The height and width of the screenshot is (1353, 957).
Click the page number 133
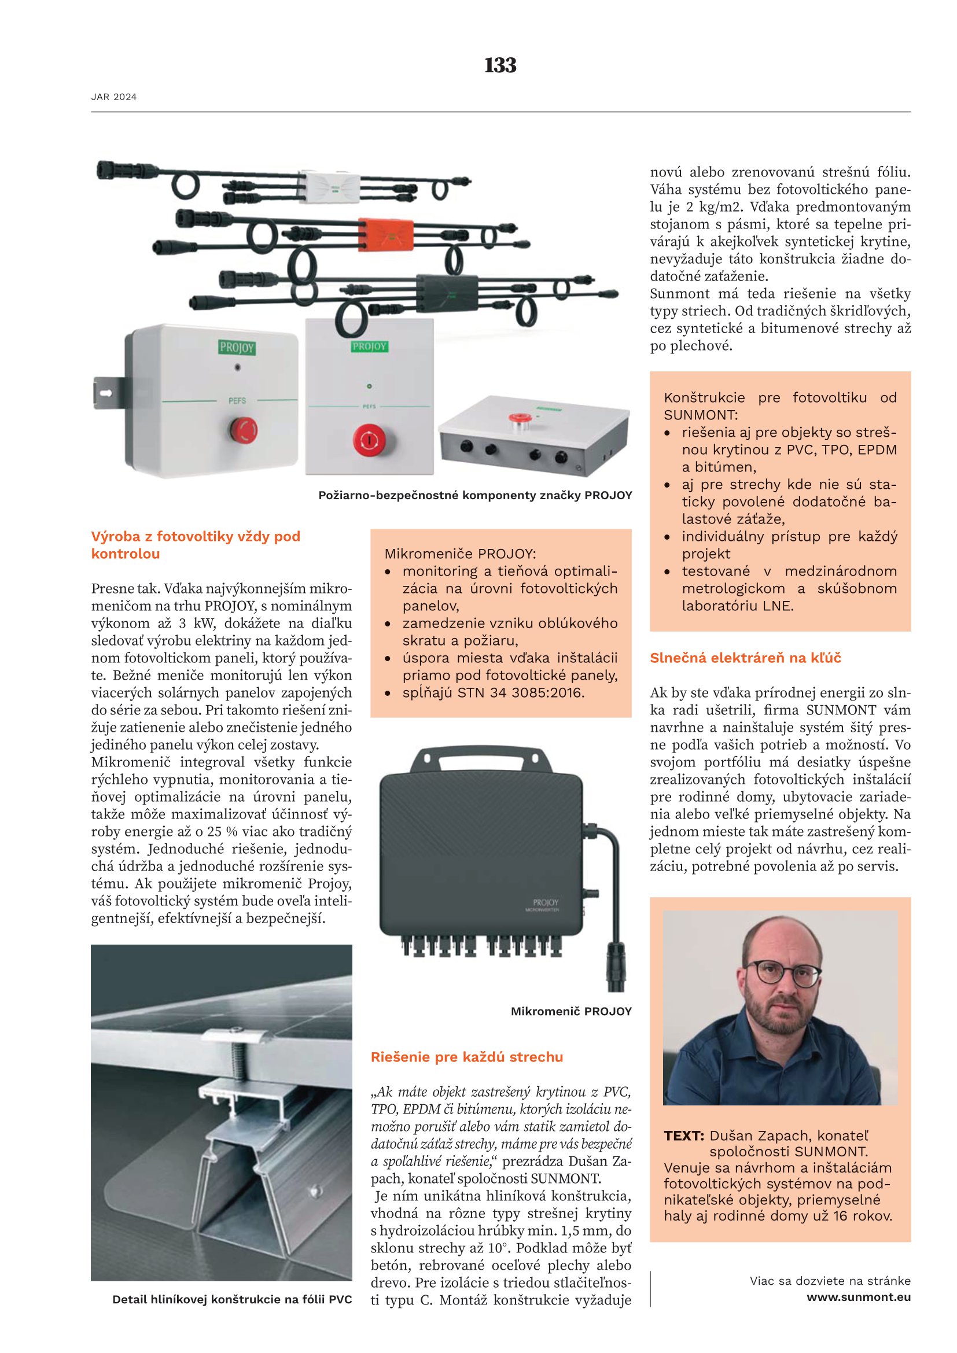[x=500, y=65]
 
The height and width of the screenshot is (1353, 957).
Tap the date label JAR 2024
[x=114, y=97]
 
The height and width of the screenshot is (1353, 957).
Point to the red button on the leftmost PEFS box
[x=243, y=429]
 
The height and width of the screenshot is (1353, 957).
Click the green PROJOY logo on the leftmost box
[x=237, y=348]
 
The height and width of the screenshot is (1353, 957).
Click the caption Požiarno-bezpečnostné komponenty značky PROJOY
[x=475, y=496]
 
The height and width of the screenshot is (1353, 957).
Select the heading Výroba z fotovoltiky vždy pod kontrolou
[x=196, y=545]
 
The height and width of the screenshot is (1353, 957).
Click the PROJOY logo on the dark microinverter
[x=545, y=903]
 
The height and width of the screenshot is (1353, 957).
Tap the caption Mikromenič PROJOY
[x=571, y=1012]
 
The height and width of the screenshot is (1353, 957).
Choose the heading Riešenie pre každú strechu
[x=467, y=1057]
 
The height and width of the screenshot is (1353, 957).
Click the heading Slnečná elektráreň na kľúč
[x=745, y=658]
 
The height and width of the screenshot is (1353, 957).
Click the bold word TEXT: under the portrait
[x=683, y=1136]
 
